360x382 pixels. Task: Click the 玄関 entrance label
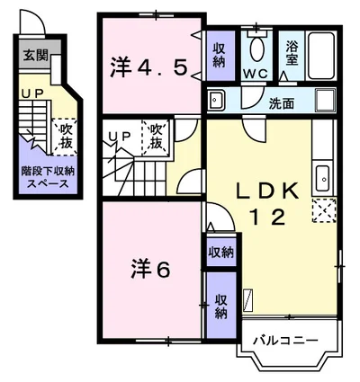36,56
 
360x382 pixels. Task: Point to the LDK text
268,191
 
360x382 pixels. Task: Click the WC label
256,74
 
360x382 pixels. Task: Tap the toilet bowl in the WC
256,49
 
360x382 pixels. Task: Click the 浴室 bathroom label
292,53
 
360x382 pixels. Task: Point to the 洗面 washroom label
281,103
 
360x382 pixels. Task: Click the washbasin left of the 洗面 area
215,100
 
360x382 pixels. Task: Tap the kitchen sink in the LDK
324,179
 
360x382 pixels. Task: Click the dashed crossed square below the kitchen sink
324,210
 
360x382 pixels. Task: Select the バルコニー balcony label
285,341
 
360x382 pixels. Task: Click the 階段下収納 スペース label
48,177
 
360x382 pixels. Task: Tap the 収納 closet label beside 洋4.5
220,56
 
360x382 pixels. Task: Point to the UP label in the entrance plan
32,94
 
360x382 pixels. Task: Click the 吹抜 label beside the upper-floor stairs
156,138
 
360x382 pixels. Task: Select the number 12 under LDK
267,218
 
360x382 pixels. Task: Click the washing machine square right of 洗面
326,101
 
